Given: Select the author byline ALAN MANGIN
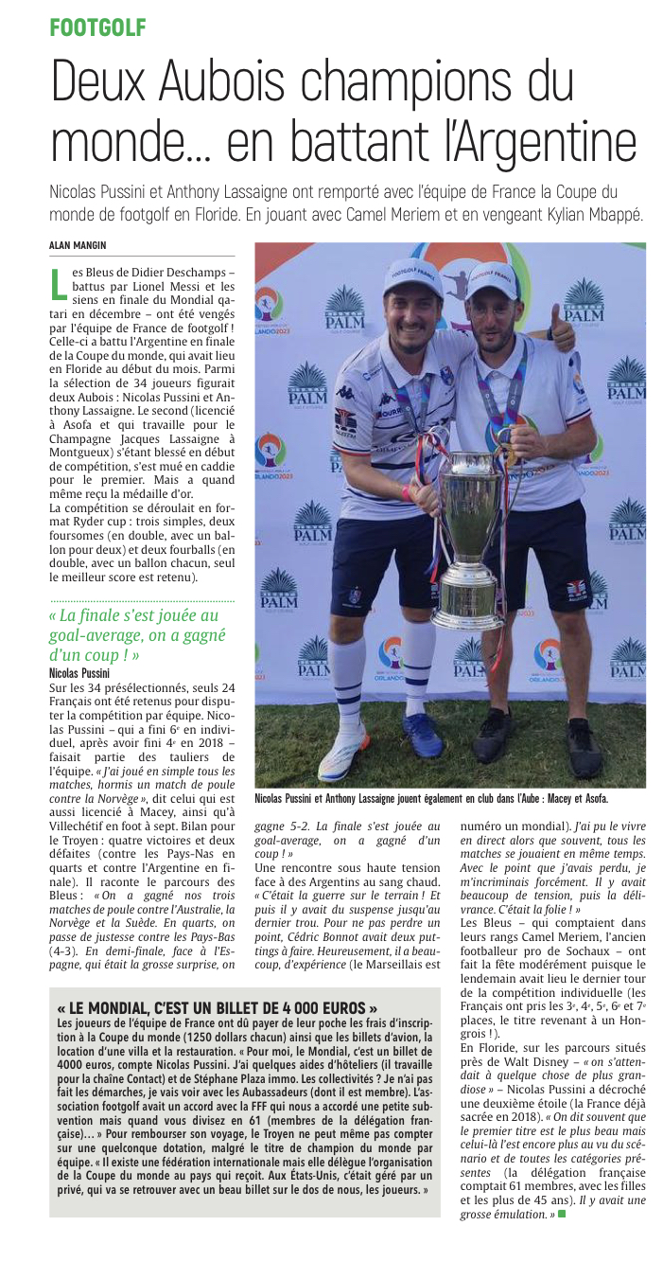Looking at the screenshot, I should pos(78,245).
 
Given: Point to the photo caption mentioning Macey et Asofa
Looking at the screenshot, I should pos(431,799).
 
